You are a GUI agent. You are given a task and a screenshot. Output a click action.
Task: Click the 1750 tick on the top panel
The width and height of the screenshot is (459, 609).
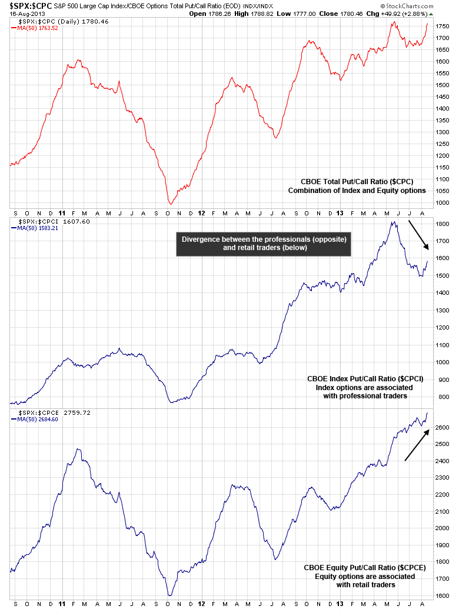pos(443,26)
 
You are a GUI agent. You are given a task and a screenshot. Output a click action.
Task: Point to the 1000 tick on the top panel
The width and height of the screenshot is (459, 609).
pos(443,203)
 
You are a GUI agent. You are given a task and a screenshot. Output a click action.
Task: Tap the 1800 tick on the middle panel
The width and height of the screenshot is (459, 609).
pos(443,224)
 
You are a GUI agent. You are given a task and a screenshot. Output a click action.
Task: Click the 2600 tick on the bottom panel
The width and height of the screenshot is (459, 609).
pos(443,427)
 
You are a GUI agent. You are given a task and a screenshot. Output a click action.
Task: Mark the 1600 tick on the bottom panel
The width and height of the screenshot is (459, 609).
pos(443,595)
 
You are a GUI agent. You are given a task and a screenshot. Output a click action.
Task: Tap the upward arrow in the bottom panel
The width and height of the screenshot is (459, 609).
pos(416,445)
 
